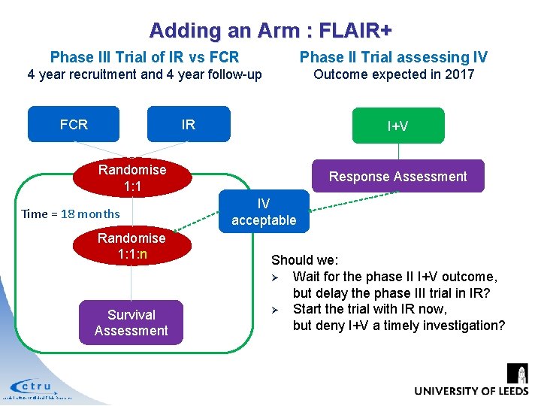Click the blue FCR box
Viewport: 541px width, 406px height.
pyautogui.click(x=74, y=124)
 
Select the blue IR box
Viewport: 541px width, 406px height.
pyautogui.click(x=188, y=124)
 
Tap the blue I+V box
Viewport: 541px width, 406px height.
pyautogui.click(x=397, y=126)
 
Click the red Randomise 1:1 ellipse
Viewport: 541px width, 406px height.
pyautogui.click(x=131, y=177)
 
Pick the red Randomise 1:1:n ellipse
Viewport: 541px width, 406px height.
pyautogui.click(x=131, y=246)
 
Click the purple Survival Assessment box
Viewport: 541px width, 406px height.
pyautogui.click(x=131, y=323)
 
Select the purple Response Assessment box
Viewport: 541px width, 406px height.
pyautogui.click(x=397, y=177)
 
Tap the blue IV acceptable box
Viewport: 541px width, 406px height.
pyautogui.click(x=264, y=212)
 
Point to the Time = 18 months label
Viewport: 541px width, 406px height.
pyautogui.click(x=71, y=214)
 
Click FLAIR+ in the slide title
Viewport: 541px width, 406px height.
pyautogui.click(x=355, y=31)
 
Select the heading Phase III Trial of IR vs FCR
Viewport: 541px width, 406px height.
pyautogui.click(x=144, y=57)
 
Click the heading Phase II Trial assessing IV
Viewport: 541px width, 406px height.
pyautogui.click(x=393, y=57)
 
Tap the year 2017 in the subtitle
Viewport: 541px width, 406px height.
pyautogui.click(x=459, y=74)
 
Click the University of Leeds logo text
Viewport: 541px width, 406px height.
pyautogui.click(x=471, y=391)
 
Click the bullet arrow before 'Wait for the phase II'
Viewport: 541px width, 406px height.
pyautogui.click(x=276, y=277)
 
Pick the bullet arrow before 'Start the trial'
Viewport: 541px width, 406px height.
pyautogui.click(x=276, y=310)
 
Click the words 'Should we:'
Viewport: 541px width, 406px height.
pyautogui.click(x=304, y=260)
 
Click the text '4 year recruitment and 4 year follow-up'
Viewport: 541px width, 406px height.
pyautogui.click(x=144, y=74)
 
